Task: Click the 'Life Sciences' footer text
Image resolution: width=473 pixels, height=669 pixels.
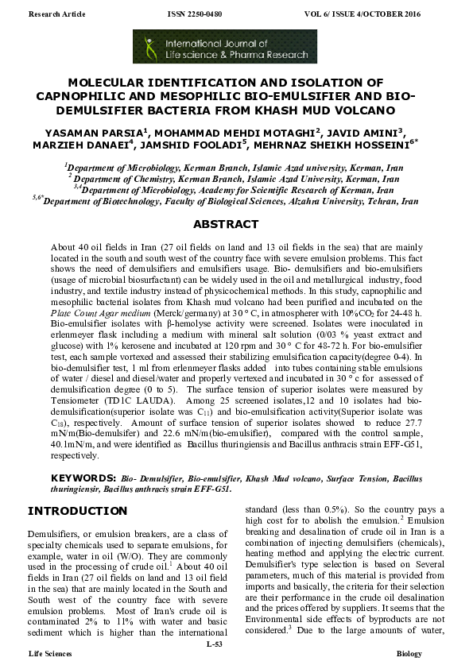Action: pyautogui.click(x=50, y=653)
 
